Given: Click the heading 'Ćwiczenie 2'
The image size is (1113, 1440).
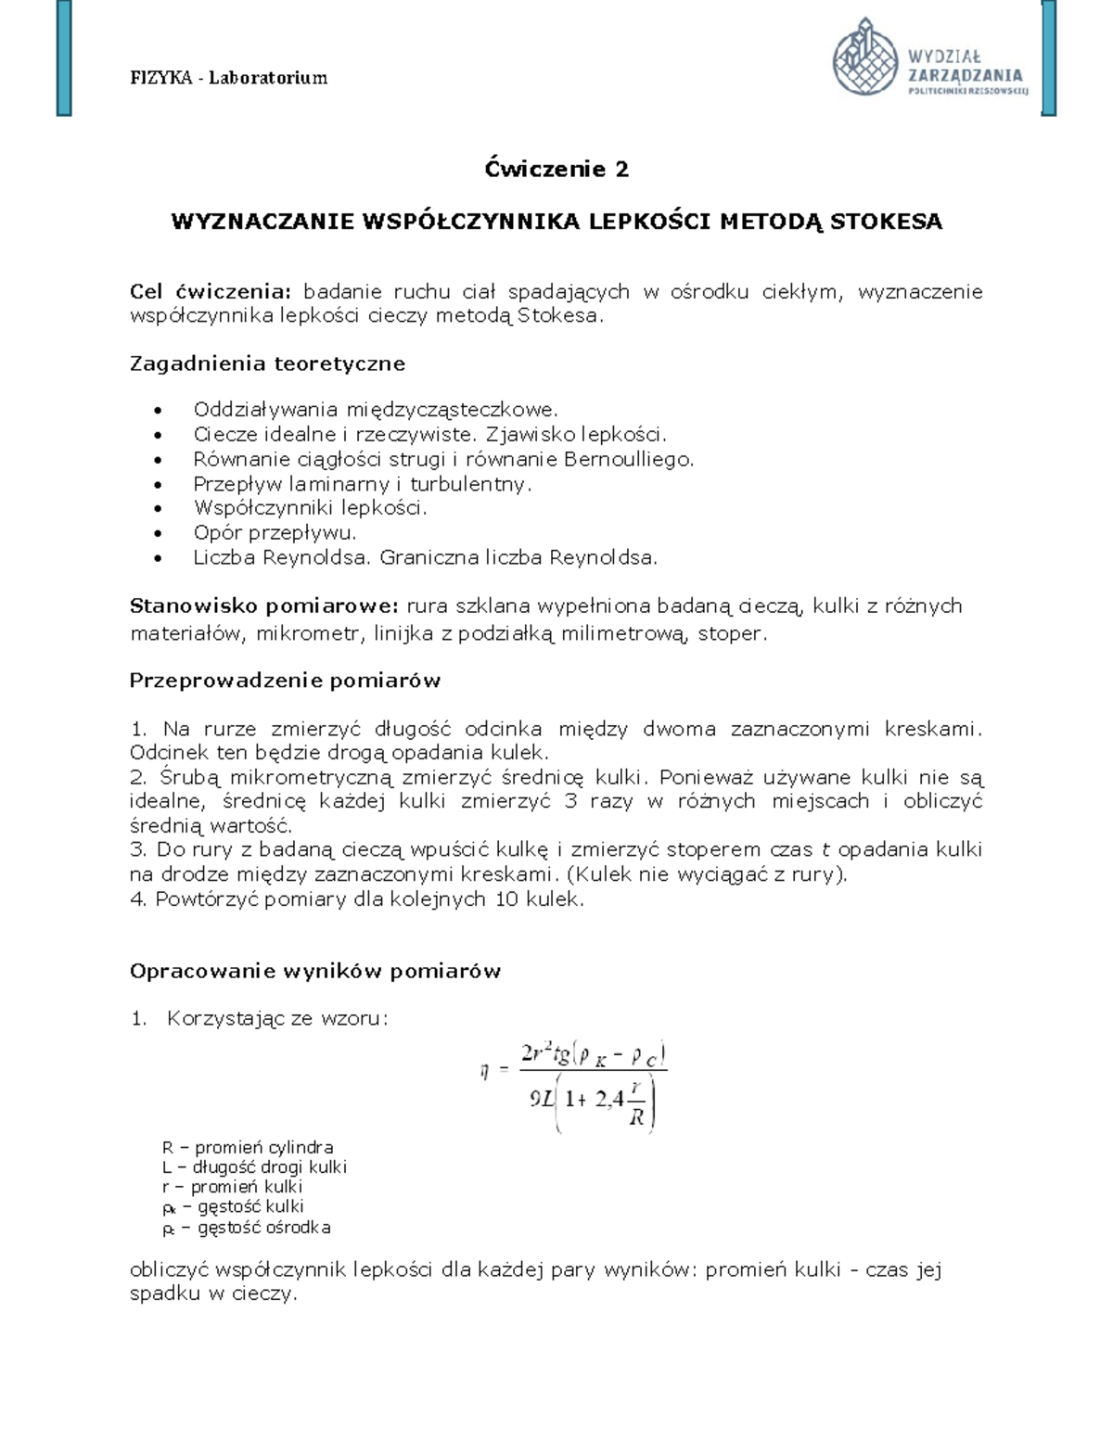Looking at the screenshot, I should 556,170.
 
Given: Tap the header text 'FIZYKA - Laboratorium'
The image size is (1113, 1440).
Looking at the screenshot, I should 228,78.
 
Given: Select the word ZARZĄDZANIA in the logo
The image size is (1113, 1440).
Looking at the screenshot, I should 966,75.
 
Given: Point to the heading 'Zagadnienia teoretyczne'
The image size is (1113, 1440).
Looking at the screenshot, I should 267,363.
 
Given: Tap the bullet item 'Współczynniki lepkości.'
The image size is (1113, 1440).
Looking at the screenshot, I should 310,508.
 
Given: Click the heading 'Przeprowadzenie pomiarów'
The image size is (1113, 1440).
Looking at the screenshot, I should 285,681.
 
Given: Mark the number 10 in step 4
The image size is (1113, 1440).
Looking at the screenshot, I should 500,899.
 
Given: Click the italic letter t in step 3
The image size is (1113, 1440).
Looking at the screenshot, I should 824,850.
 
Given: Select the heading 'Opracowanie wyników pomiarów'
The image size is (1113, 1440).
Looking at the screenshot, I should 315,971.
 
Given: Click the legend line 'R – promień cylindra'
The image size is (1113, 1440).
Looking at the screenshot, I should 248,1147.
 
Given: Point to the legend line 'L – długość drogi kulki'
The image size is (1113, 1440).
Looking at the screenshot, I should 254,1167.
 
